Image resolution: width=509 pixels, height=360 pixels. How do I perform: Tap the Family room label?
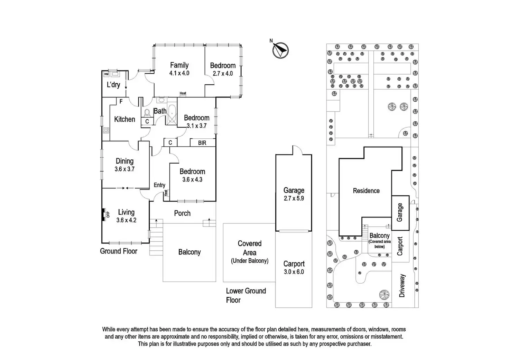point(179,65)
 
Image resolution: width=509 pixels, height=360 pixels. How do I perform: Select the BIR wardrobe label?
point(202,143)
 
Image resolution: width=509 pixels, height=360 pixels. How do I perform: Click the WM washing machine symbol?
point(106,74)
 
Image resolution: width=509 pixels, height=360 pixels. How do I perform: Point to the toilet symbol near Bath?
point(147,112)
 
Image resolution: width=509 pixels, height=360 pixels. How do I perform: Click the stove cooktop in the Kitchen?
point(106,130)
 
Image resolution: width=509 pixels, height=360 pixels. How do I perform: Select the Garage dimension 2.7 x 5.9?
point(294,199)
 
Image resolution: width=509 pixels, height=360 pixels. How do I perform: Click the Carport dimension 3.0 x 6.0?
point(294,272)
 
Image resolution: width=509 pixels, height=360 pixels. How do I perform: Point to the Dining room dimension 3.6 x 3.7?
point(124,169)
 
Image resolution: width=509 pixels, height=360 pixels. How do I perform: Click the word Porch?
point(182,213)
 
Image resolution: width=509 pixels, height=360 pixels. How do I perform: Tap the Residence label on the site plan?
point(366,191)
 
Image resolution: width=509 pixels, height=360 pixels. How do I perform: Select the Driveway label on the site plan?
point(402,286)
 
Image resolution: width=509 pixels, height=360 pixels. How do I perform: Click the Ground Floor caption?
point(119,251)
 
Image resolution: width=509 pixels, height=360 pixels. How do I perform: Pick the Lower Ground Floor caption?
point(246,295)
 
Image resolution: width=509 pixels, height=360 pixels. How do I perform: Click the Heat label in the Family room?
point(183,93)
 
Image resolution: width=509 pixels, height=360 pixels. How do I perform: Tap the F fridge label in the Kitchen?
point(121,102)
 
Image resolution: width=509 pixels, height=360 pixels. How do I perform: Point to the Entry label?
point(159,185)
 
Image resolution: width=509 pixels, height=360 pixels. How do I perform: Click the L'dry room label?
point(113,85)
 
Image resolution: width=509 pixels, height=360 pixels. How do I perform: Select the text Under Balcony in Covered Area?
point(250,261)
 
